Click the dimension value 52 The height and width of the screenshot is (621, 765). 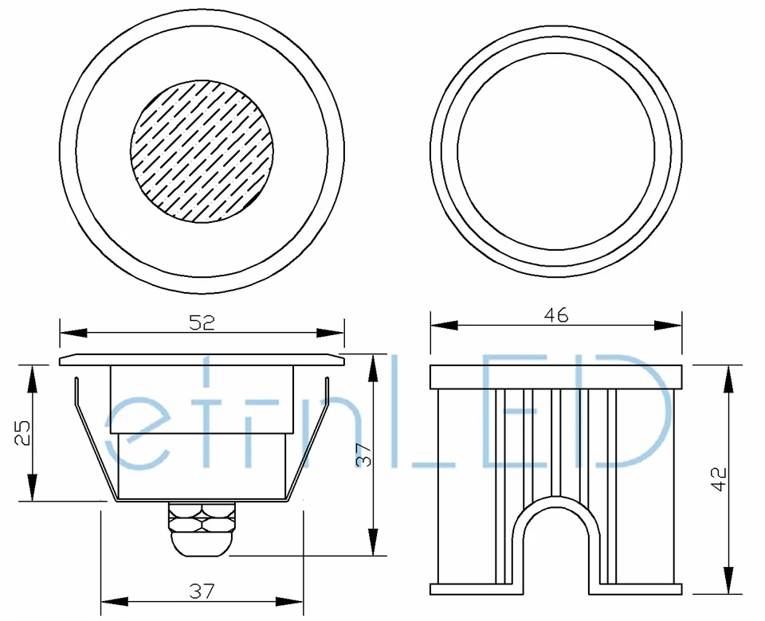202,322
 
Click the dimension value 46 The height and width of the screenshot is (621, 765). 555,315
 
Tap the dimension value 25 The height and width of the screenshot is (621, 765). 22,433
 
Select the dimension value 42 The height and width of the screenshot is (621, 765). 719,479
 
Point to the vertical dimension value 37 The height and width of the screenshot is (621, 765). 364,455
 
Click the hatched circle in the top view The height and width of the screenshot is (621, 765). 202,151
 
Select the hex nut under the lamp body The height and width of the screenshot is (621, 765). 202,518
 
